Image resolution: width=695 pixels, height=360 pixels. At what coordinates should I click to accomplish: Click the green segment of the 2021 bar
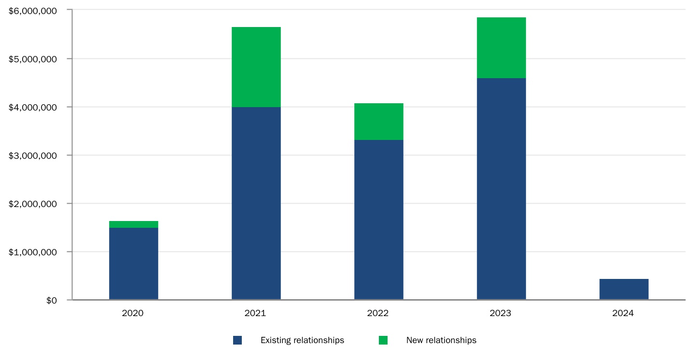click(256, 67)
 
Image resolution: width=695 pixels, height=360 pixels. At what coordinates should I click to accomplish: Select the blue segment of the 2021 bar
click(256, 203)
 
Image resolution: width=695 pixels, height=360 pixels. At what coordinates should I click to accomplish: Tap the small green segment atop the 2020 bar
click(134, 224)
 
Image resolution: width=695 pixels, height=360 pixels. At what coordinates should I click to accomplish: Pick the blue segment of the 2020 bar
click(134, 263)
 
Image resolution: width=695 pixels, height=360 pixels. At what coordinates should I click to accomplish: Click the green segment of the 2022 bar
click(378, 122)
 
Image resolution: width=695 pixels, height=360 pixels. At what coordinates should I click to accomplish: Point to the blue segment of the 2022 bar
click(378, 220)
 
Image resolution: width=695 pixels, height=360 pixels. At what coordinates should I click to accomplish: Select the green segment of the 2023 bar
click(501, 48)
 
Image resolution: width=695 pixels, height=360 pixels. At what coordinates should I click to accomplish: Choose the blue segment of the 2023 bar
click(501, 189)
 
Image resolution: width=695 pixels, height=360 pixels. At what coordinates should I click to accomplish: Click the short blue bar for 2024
click(624, 289)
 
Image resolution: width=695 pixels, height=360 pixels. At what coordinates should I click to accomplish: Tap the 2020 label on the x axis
click(133, 313)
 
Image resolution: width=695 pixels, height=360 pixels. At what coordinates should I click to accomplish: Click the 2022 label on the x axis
click(378, 313)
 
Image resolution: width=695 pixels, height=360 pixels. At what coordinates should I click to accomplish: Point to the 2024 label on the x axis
click(623, 313)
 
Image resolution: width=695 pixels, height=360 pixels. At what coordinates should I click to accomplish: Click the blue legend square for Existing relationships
click(237, 340)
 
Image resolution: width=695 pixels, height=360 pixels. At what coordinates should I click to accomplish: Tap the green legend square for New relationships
click(383, 340)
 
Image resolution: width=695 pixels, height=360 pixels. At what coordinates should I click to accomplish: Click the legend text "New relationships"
click(441, 340)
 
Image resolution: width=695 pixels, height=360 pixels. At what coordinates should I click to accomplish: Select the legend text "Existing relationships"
click(302, 340)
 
